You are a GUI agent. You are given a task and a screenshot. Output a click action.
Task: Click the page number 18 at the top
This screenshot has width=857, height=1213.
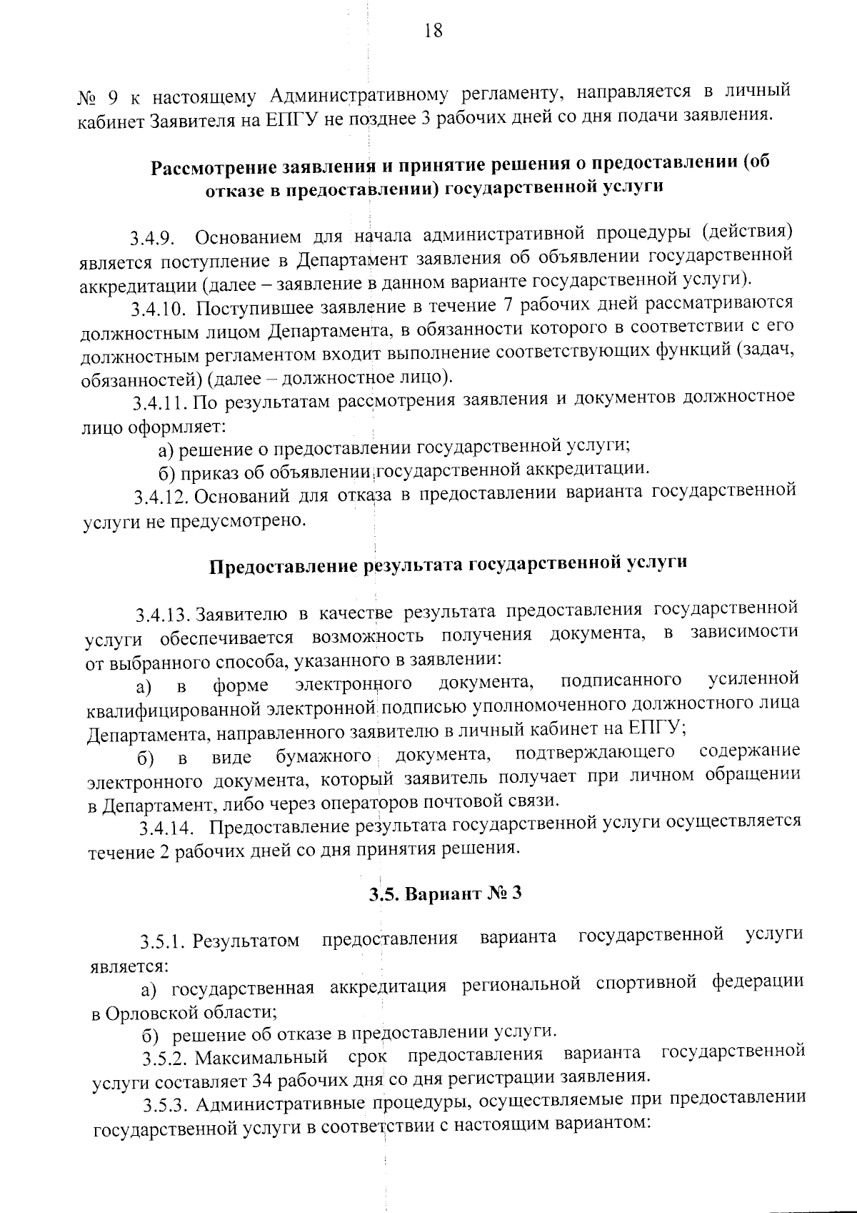pyautogui.click(x=433, y=31)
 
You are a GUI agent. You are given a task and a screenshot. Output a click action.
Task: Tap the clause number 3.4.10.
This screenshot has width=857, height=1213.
pyautogui.click(x=158, y=310)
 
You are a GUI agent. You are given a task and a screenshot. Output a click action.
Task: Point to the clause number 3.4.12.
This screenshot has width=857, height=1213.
pyautogui.click(x=161, y=497)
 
